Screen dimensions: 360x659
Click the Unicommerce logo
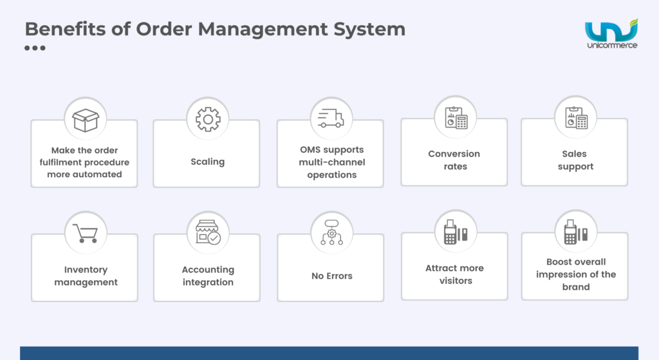tap(611, 35)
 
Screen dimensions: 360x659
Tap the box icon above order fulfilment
tap(86, 119)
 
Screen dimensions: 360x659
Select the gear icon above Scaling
tap(208, 119)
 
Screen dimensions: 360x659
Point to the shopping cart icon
tap(86, 233)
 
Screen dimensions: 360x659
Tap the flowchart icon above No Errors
tap(331, 233)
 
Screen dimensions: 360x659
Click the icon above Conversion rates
tap(456, 118)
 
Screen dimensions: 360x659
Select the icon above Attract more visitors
tap(456, 232)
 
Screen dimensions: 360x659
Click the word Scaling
tap(207, 162)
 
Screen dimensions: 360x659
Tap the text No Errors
tap(332, 276)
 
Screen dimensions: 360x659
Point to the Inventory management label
tap(86, 276)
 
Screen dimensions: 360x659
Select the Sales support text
tap(575, 160)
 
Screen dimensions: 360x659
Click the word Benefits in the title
tap(62, 30)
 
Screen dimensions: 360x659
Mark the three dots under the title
tap(35, 48)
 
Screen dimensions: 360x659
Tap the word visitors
tap(456, 281)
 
